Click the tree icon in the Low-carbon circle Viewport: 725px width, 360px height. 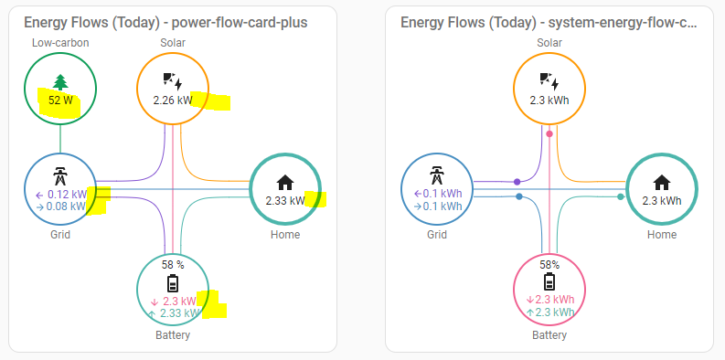tap(60, 82)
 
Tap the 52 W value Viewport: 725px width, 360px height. tap(60, 101)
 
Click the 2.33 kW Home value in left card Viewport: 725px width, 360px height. tap(285, 200)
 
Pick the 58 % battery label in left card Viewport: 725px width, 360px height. tap(173, 265)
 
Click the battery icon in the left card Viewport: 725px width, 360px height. tap(173, 283)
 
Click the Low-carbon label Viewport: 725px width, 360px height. tap(60, 43)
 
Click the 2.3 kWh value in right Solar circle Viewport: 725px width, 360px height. tap(549, 101)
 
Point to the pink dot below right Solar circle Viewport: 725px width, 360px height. tap(549, 134)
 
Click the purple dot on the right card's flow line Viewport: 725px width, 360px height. tap(517, 182)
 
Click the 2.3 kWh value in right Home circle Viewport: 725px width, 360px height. tap(662, 201)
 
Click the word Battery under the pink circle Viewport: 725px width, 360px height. tap(549, 335)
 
